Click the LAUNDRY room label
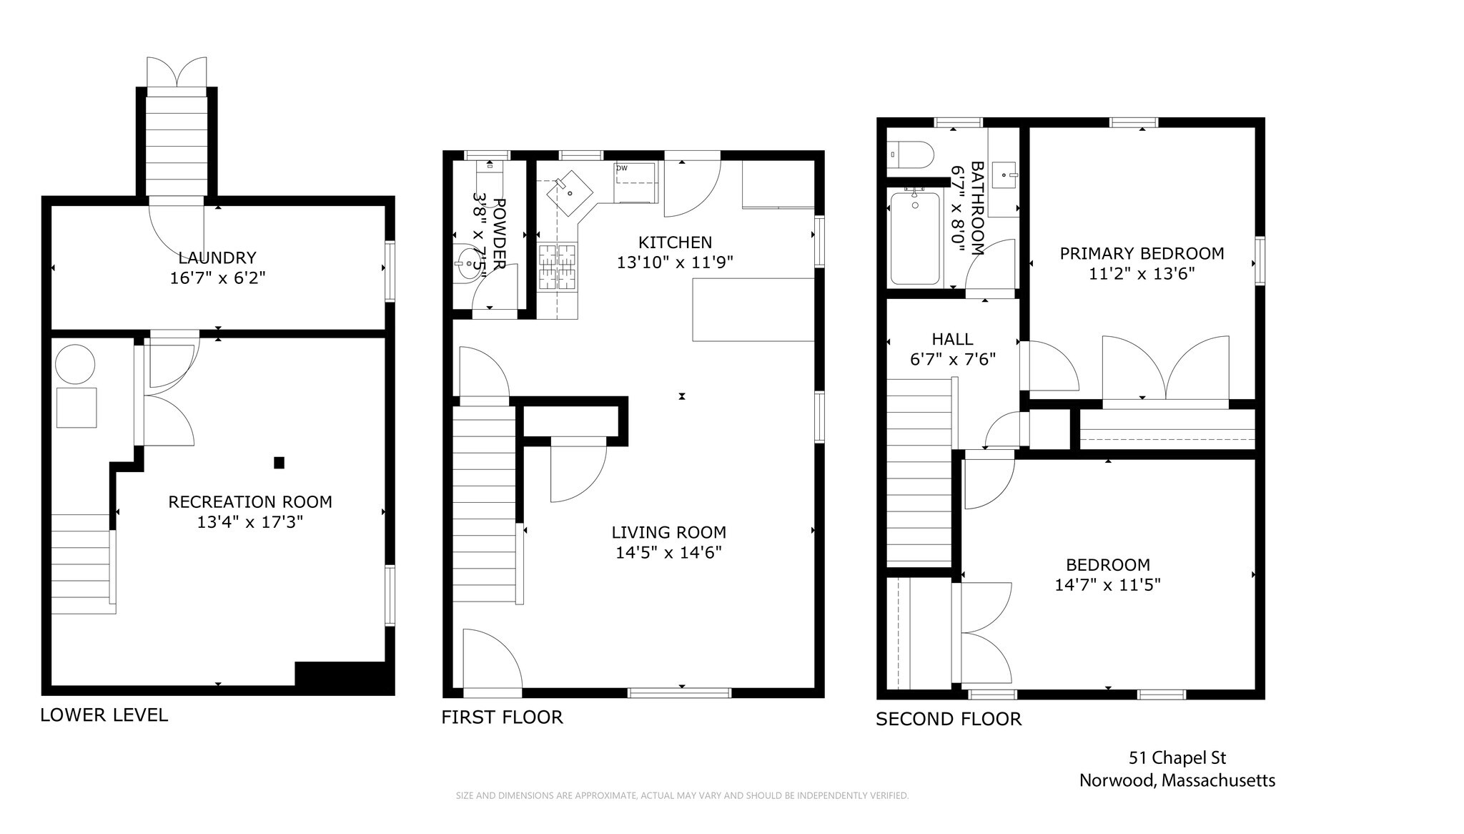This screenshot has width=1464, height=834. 217,257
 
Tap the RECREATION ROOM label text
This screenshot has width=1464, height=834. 250,502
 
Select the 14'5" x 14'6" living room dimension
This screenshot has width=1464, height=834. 669,552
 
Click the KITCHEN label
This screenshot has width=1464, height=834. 676,242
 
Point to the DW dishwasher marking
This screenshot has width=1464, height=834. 622,168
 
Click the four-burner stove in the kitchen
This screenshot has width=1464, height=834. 558,268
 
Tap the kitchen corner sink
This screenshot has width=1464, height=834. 570,192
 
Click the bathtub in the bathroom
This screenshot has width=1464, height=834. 915,239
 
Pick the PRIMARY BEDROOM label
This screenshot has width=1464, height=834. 1142,253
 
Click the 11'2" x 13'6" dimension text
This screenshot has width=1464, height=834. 1142,273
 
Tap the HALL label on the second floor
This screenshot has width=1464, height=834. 952,339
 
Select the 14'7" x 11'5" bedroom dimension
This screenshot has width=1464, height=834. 1107,584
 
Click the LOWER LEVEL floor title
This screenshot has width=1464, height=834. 104,715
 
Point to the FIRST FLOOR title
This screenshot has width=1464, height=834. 502,717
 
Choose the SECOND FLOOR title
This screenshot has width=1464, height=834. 949,719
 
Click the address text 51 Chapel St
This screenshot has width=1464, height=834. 1177,757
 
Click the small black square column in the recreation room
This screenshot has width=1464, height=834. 280,463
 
